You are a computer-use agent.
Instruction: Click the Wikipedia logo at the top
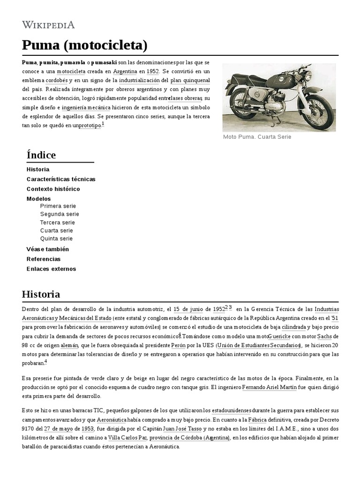coord(48,25)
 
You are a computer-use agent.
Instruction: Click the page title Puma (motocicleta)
coord(85,45)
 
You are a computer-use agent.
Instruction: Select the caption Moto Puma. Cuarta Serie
coord(257,137)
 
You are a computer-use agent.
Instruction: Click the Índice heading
coord(41,155)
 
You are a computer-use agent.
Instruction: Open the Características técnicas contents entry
coord(61,179)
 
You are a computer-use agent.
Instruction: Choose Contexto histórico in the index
coord(53,189)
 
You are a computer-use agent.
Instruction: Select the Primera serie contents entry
coord(58,206)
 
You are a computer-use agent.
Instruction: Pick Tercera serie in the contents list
coord(58,222)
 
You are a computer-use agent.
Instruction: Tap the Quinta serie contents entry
coord(57,239)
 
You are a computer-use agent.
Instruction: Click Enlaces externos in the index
coord(51,269)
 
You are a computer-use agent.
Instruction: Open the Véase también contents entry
coord(48,249)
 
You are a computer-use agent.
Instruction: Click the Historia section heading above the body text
coord(41,294)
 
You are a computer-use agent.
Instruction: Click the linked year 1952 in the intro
coord(153,72)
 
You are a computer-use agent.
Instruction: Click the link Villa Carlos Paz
coord(128,438)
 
